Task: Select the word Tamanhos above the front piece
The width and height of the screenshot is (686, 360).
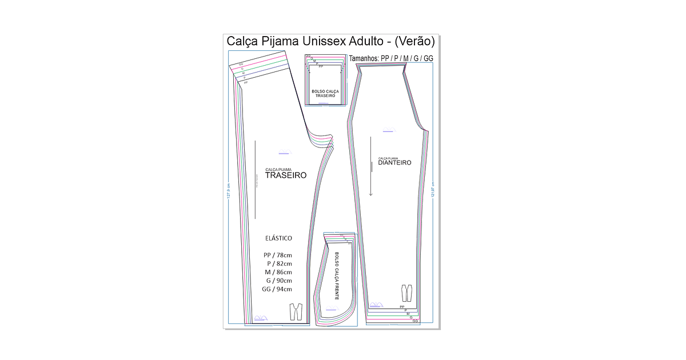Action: (x=364, y=58)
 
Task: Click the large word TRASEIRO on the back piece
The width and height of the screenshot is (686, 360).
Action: (x=286, y=175)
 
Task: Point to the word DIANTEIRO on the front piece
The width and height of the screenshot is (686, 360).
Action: (x=394, y=162)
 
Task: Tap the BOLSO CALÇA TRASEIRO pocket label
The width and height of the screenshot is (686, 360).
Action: (x=325, y=93)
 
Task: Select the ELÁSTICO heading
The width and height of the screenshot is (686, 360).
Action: (x=279, y=238)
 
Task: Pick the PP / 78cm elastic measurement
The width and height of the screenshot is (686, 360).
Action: (x=278, y=255)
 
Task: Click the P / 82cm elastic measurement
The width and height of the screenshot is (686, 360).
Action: (x=279, y=263)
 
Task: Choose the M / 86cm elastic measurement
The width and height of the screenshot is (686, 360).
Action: (x=278, y=272)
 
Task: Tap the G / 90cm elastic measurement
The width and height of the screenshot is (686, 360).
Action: (x=279, y=281)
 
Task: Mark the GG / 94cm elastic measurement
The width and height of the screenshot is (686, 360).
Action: (x=277, y=289)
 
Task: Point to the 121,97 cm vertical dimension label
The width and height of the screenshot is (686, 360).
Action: (x=433, y=189)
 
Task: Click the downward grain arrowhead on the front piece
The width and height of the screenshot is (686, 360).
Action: (x=371, y=193)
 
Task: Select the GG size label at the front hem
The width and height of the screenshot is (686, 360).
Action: (x=415, y=321)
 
